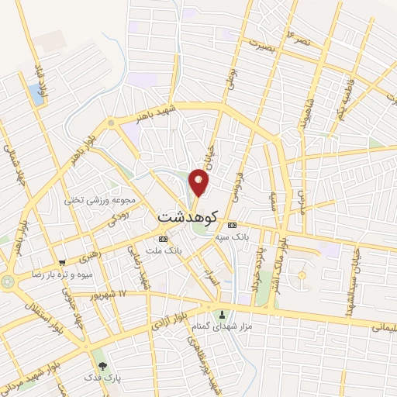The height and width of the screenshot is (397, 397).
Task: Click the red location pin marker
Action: coord(199,181)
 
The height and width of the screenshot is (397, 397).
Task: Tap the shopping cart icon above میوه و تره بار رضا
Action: coord(61,261)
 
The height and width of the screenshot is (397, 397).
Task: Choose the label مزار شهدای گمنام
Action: coord(222,328)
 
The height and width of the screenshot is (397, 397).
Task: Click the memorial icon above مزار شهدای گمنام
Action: coord(223,315)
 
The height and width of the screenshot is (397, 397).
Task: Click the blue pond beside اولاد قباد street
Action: coord(36,94)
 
